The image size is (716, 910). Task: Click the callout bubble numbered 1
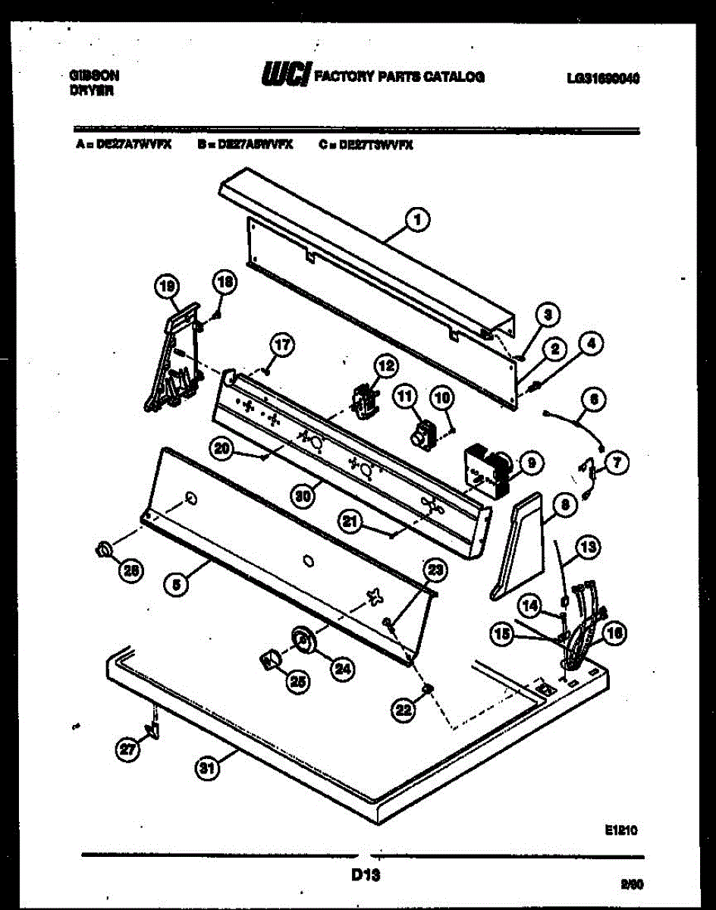(x=416, y=220)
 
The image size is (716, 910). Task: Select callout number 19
(x=166, y=286)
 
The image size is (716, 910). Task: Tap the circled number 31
(x=205, y=769)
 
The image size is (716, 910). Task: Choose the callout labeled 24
(x=342, y=668)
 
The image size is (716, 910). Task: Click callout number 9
(x=529, y=460)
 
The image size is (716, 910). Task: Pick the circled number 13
(x=588, y=544)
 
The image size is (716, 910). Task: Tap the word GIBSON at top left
(x=94, y=76)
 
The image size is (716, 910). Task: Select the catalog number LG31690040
(x=603, y=77)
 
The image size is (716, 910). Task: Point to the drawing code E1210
(x=620, y=830)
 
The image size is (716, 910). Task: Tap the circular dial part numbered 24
(x=303, y=639)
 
